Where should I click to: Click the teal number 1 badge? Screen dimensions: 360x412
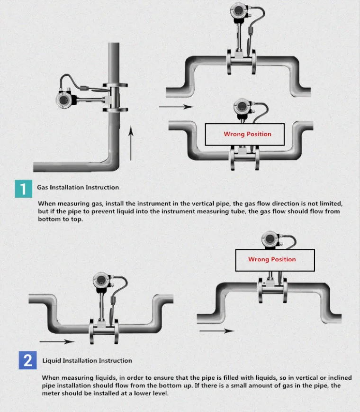pos(24,189)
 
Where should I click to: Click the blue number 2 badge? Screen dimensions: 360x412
pos(27,360)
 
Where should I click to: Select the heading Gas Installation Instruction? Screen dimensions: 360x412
pos(78,187)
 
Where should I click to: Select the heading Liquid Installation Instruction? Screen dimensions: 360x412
pos(87,360)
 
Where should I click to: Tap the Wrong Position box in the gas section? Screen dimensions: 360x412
pos(244,134)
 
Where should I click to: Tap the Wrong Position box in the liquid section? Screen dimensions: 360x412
pos(275,260)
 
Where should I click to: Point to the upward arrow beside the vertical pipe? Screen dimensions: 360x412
pos(131,143)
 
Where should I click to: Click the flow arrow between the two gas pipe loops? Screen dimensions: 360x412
pos(177,107)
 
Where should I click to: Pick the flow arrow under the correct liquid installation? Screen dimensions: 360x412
pos(57,341)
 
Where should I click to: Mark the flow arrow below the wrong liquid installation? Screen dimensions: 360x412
pos(217,331)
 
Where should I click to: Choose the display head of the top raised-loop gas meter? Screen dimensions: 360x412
pos(239,11)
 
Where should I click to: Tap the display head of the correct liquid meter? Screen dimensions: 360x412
pos(101,280)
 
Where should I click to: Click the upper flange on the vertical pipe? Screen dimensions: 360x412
pos(115,85)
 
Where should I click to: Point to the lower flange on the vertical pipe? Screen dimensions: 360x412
pos(115,110)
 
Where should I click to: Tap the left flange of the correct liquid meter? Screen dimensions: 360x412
pos(92,331)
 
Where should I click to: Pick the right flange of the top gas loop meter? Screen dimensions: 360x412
pos(253,62)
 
